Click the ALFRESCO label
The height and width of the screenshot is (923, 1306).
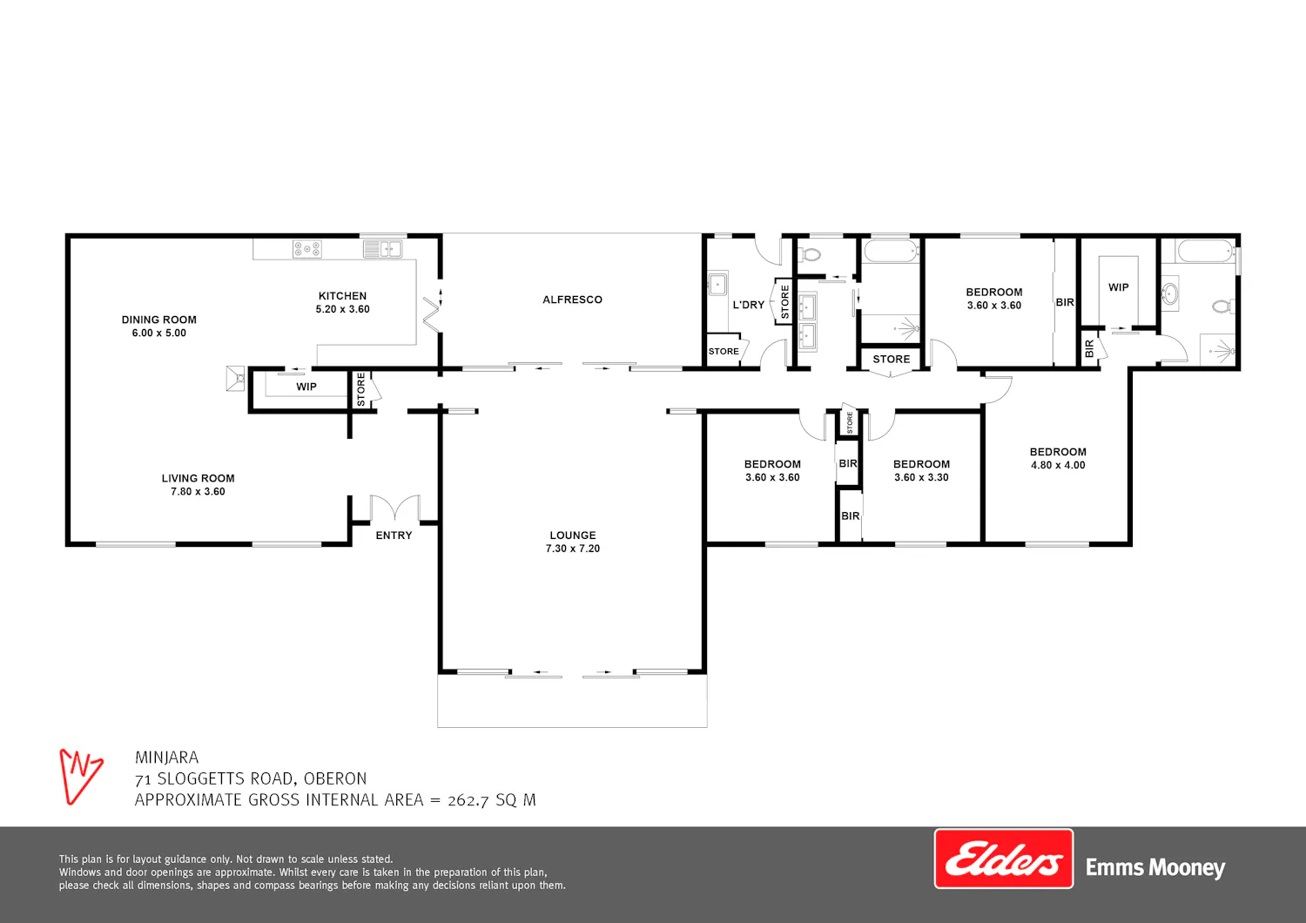(572, 300)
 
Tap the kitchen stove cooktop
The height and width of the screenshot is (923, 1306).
(307, 249)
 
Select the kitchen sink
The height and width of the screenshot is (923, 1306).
(382, 248)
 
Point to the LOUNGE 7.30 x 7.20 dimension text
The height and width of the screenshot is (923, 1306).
(573, 549)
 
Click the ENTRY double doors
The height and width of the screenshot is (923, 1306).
(394, 508)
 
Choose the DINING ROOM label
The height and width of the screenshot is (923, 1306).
(158, 320)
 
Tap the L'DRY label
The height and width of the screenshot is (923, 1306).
(748, 305)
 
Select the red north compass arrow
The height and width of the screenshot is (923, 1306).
(81, 777)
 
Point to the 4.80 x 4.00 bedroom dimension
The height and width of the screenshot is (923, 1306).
(1058, 465)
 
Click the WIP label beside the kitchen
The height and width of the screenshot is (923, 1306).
(306, 387)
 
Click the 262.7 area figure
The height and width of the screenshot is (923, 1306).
(468, 800)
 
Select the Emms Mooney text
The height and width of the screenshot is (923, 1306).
(1155, 867)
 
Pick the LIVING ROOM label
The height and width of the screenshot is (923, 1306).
(198, 478)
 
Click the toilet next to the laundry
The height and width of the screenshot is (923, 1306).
(811, 254)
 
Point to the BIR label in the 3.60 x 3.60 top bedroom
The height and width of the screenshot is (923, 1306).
(1065, 303)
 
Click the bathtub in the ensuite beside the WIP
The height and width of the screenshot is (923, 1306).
(1205, 252)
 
